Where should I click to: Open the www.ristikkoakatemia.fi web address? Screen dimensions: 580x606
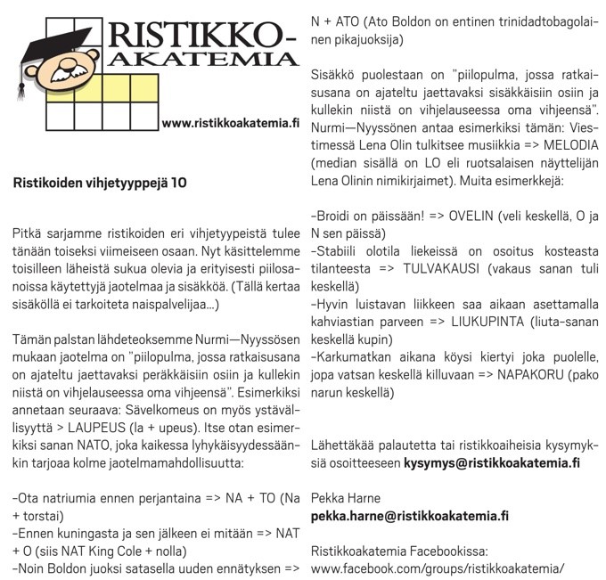click(230, 123)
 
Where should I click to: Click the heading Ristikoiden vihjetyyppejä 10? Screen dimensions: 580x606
click(100, 184)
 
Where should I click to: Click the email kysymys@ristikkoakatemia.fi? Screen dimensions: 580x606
click(492, 463)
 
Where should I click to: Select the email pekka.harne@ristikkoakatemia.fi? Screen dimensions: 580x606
click(410, 515)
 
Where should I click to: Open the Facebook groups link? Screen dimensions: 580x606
click(438, 567)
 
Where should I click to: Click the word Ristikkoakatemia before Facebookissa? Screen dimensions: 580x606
click(356, 550)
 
